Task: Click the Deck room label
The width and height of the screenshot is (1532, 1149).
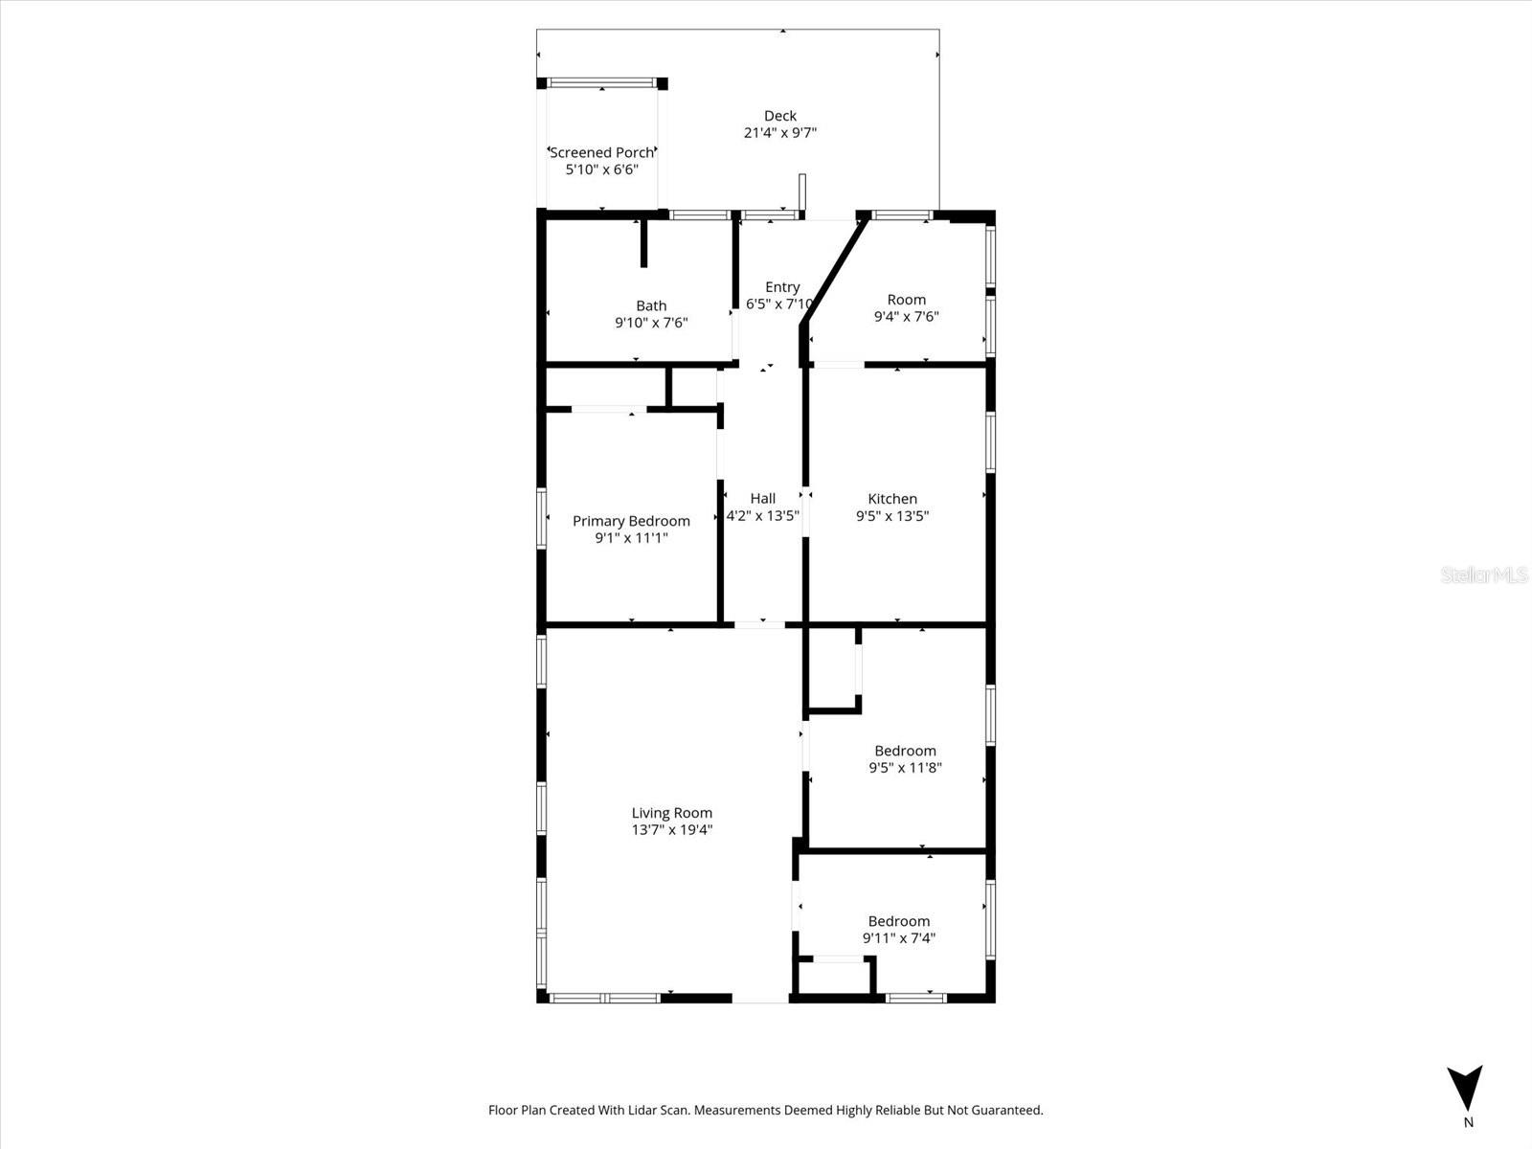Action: point(779,116)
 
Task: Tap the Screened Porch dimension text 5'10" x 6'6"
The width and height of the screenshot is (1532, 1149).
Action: point(601,169)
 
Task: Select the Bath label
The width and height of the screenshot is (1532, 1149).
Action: point(651,306)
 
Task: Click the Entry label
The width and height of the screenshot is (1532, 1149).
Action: point(781,287)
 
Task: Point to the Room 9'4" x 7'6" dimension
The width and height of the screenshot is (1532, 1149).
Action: point(906,317)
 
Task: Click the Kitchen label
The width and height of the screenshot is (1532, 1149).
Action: point(892,499)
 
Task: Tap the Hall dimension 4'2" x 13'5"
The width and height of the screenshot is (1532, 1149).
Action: point(762,516)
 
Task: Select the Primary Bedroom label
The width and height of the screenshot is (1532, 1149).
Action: point(631,521)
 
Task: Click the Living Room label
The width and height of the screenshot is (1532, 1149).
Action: point(671,813)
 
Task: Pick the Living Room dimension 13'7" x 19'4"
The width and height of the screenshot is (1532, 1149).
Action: point(671,830)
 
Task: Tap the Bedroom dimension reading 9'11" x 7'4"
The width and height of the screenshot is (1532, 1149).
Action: point(898,938)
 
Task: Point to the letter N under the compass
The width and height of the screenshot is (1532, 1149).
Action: point(1468,1123)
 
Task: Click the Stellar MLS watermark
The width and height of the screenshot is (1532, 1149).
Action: point(1485,575)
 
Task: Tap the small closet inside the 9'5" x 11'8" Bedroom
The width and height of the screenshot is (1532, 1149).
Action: point(833,667)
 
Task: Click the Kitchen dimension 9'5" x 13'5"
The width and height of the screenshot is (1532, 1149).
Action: point(892,516)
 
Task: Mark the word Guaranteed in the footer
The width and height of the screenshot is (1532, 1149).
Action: point(1007,1111)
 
